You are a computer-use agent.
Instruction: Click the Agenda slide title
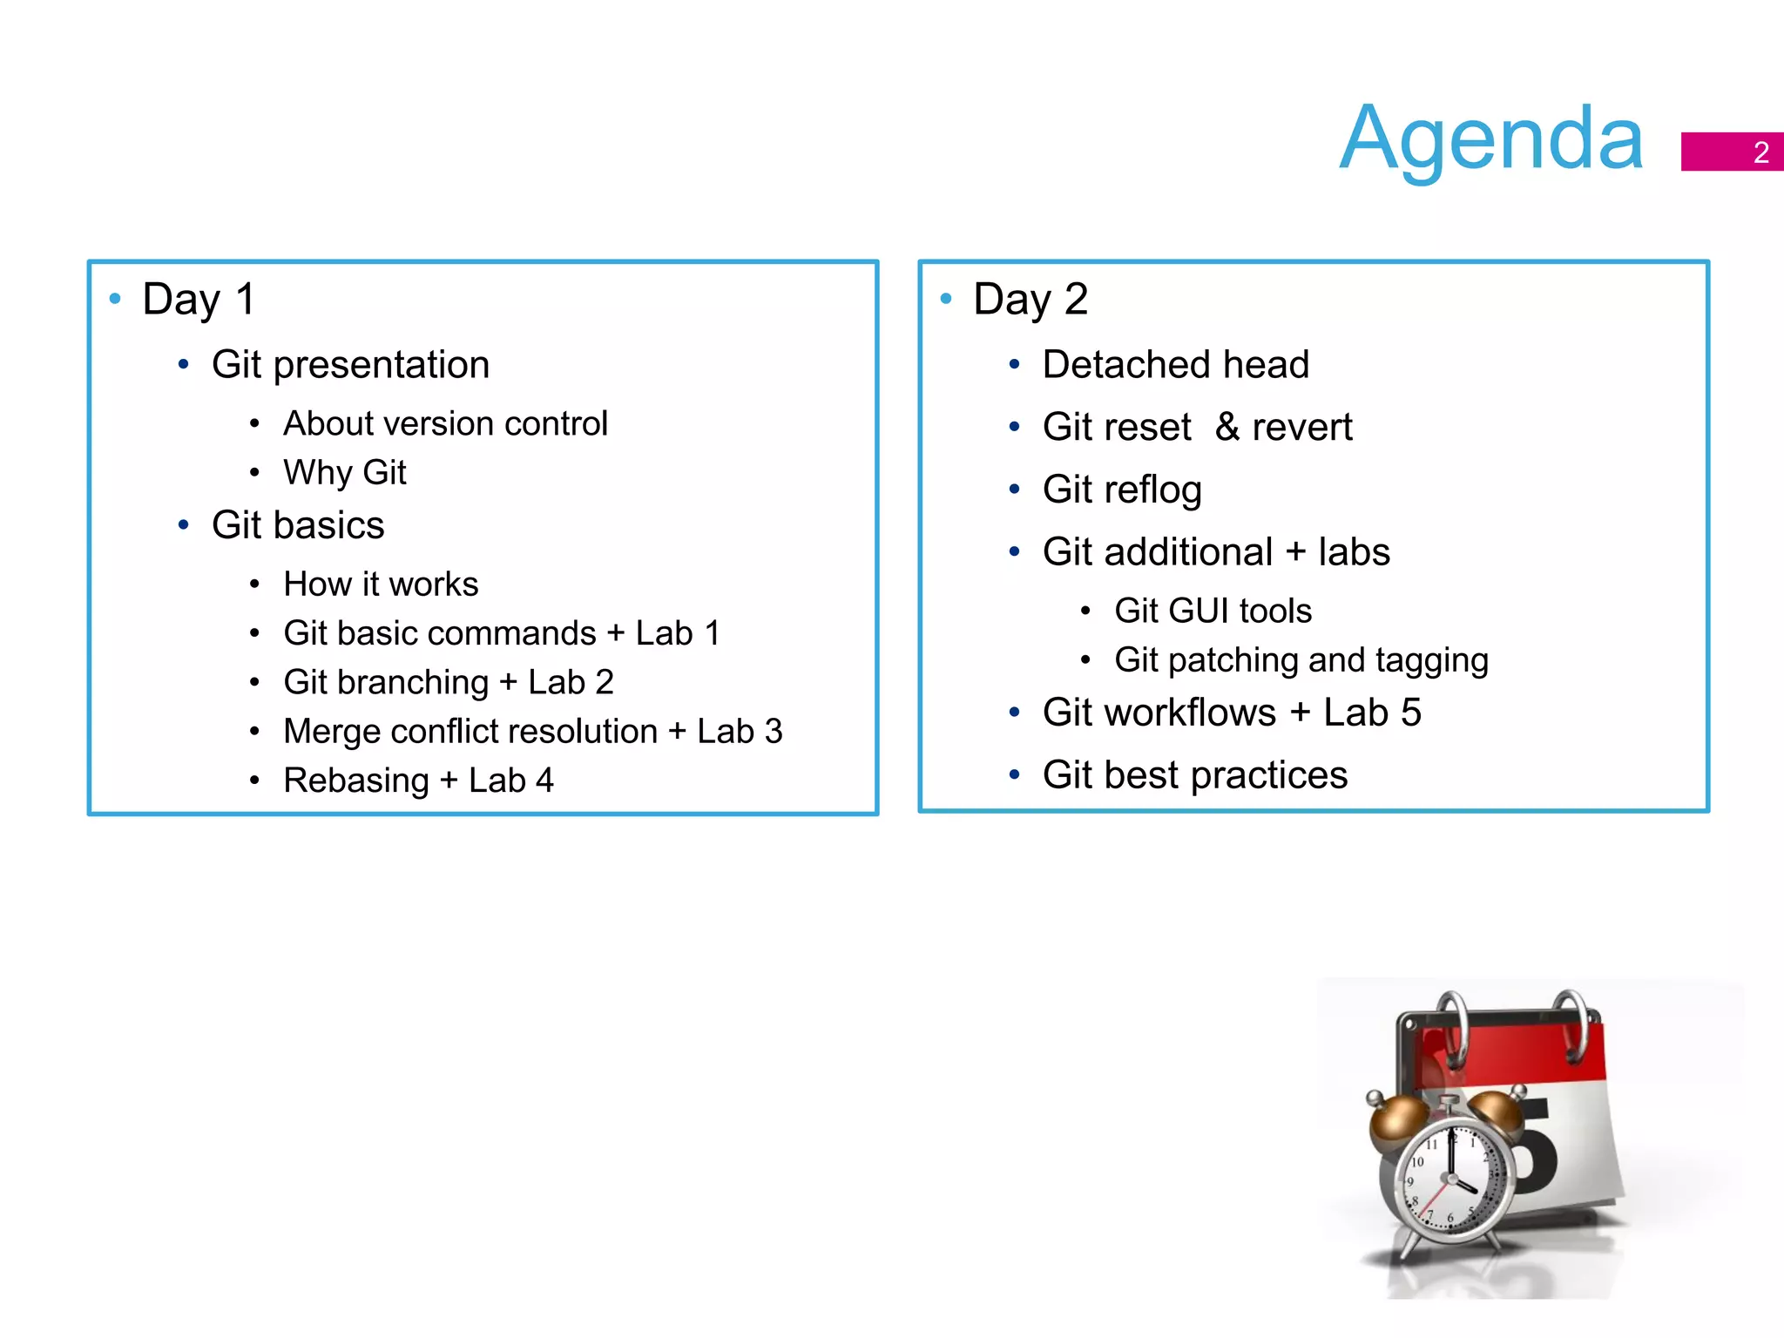point(1490,139)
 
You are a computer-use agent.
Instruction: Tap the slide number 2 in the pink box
point(1760,152)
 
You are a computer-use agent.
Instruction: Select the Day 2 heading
point(1030,300)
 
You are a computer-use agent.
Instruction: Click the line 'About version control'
point(445,424)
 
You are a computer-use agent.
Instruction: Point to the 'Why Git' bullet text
point(344,473)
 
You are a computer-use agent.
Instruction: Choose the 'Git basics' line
point(298,525)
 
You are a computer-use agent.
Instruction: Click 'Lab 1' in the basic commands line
point(678,633)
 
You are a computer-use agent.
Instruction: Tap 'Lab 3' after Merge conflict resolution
point(740,732)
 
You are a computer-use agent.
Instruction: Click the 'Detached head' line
point(1175,365)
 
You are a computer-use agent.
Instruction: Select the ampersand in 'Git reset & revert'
point(1227,427)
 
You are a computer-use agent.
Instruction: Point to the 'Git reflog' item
point(1122,490)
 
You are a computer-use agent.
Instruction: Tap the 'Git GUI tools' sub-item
point(1213,612)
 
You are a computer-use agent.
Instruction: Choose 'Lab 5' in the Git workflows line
point(1372,713)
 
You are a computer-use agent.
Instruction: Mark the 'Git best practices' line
point(1194,775)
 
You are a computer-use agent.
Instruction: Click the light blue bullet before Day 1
point(115,299)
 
